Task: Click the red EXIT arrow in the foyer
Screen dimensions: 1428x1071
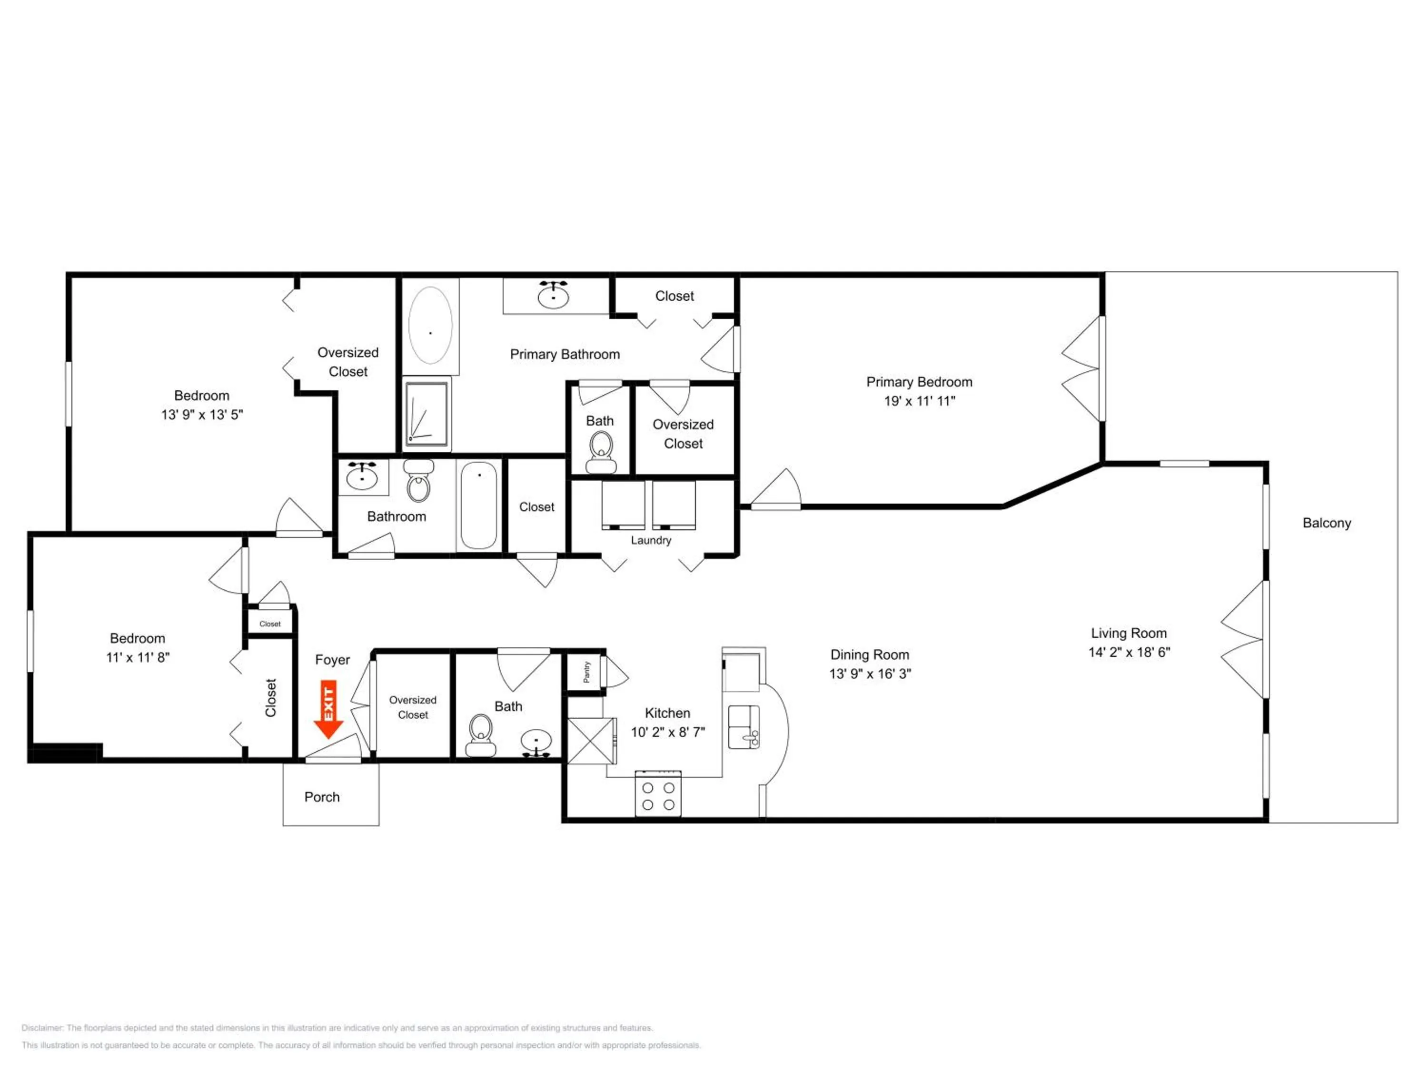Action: [328, 709]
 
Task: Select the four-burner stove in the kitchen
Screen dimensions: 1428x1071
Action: [658, 793]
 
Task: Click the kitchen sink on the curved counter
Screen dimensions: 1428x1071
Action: [744, 727]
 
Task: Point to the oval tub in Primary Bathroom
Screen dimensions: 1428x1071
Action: [431, 326]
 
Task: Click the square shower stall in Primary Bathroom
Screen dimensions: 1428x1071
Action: [426, 414]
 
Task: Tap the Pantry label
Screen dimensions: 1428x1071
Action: [586, 671]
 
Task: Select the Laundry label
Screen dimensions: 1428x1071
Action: [651, 540]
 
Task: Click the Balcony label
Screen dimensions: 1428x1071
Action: [1327, 523]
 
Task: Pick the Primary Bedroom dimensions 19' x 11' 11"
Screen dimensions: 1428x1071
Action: [919, 401]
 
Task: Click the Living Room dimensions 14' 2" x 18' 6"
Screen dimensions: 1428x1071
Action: [1129, 652]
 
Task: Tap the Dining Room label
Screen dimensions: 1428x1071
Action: [870, 654]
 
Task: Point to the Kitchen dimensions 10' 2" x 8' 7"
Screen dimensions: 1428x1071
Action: [667, 732]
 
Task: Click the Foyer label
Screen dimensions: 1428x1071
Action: [332, 660]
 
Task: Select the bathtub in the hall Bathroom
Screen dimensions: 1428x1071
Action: [479, 506]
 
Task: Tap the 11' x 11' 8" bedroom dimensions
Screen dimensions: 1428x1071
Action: [138, 657]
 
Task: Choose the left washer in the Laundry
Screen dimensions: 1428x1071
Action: [623, 505]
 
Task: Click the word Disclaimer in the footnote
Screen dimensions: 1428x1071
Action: [42, 1028]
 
